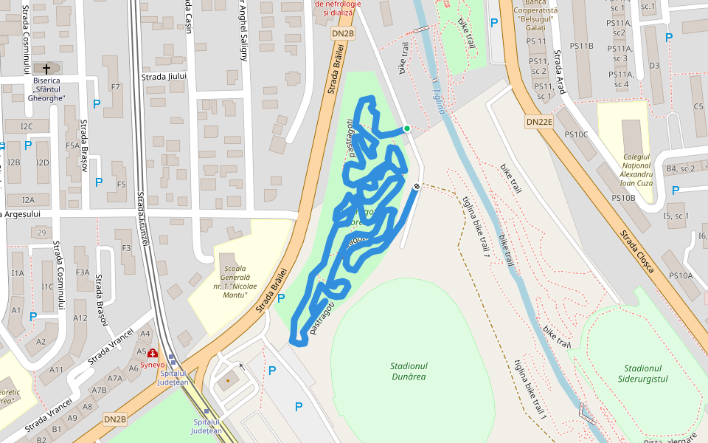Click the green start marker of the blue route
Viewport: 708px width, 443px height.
(x=406, y=128)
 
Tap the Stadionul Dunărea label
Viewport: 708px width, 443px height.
(x=409, y=371)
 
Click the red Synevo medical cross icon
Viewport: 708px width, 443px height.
(x=153, y=354)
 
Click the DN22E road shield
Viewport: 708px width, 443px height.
(x=539, y=121)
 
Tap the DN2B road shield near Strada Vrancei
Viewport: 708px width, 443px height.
(x=115, y=419)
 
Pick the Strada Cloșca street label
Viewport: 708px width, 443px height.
(x=636, y=251)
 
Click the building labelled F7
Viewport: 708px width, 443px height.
(x=115, y=87)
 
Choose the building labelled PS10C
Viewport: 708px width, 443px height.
(x=576, y=134)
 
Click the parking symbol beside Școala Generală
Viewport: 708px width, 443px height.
(x=281, y=298)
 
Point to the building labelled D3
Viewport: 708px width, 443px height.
(x=654, y=66)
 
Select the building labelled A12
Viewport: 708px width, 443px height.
(x=80, y=317)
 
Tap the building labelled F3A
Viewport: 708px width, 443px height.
(x=82, y=272)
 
